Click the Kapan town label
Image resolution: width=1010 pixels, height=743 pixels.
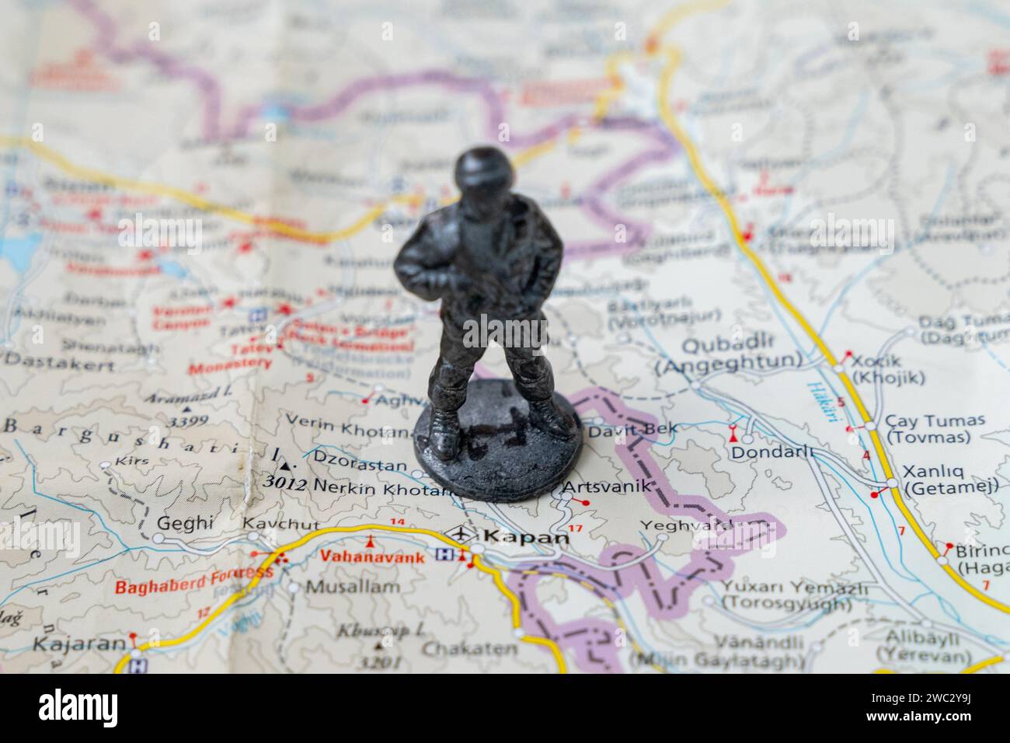point(526,537)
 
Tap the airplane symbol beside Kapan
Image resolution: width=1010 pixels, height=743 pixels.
point(462,535)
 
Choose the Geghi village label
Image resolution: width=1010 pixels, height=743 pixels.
point(185,523)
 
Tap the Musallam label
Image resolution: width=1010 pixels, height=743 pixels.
point(352,587)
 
